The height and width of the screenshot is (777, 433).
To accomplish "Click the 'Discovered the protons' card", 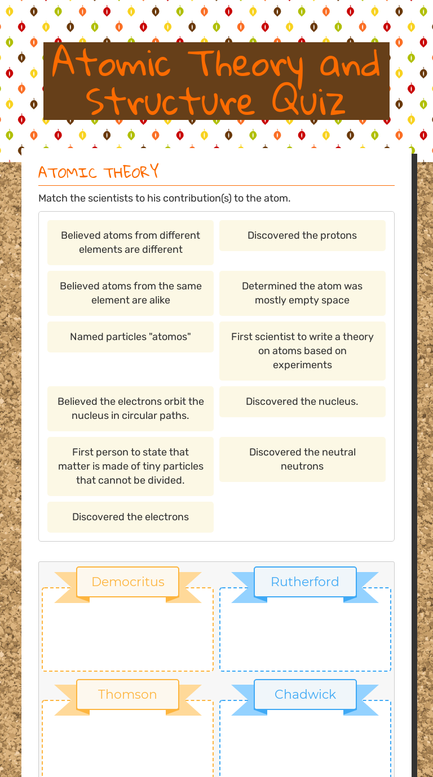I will (x=302, y=235).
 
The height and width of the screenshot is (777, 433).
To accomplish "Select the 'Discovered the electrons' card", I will (x=130, y=517).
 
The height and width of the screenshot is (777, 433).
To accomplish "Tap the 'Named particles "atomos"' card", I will (x=130, y=337).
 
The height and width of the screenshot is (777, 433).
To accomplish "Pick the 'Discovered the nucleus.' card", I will (x=302, y=401).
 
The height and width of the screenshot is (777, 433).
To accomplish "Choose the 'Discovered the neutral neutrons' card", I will (x=302, y=459).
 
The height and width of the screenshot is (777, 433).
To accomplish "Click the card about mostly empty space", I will (x=302, y=293).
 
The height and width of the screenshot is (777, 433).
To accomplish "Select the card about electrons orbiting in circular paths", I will (x=130, y=408).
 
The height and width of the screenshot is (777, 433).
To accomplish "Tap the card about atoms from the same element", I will (x=130, y=293).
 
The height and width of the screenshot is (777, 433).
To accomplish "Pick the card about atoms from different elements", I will (x=130, y=242).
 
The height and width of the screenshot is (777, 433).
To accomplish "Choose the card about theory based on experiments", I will (x=302, y=350).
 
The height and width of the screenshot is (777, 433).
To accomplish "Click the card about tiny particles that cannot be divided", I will (x=130, y=466).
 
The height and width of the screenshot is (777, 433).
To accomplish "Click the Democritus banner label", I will (x=128, y=582).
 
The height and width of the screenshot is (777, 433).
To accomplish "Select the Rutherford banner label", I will (x=305, y=582).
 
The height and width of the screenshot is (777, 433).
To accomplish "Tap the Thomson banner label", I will (x=127, y=694).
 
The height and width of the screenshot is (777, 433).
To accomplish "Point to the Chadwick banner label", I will (x=305, y=694).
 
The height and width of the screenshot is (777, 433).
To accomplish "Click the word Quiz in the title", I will (x=308, y=101).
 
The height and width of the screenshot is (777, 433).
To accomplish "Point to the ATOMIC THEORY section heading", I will (x=99, y=172).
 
